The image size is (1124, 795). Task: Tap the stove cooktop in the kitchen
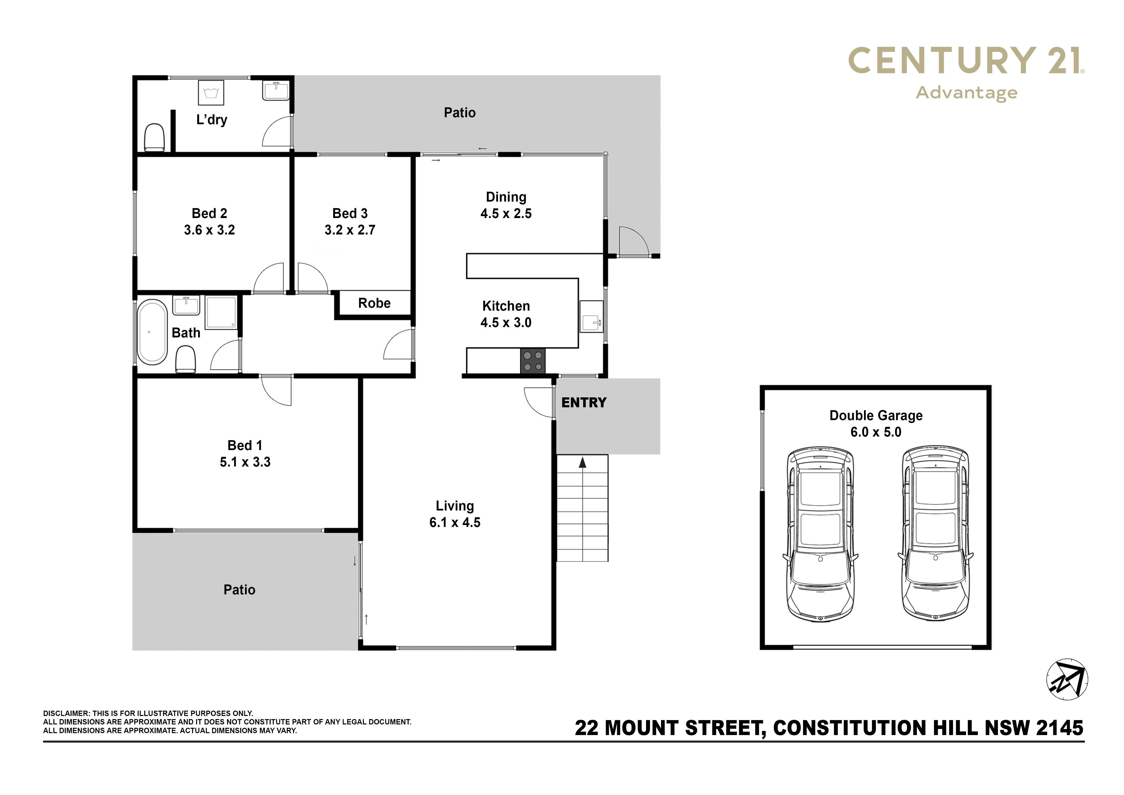coord(533,361)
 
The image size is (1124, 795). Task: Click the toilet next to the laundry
coord(155,138)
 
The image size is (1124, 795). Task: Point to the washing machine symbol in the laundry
coord(211,93)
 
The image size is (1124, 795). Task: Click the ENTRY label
coord(584,403)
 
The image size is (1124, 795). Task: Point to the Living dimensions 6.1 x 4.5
coord(455,523)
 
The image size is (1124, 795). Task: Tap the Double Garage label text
coord(876,415)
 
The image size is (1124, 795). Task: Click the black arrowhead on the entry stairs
coord(583,462)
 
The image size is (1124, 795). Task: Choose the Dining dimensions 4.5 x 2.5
coord(506,214)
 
